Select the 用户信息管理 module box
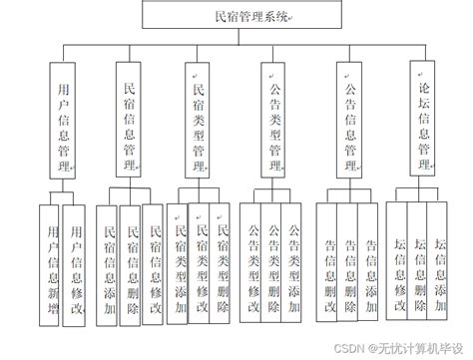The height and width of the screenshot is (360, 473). [x=63, y=121]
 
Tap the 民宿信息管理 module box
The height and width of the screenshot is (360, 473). [x=127, y=121]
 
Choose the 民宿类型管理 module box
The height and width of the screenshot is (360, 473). [x=198, y=121]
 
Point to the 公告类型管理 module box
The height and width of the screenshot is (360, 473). [x=272, y=121]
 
